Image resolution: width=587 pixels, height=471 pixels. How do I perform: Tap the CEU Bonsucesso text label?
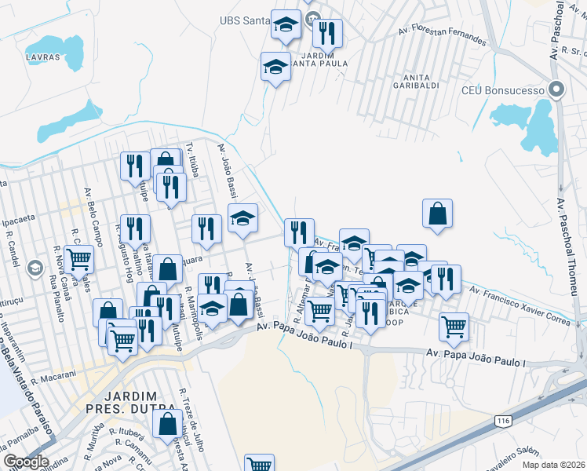coord(508,90)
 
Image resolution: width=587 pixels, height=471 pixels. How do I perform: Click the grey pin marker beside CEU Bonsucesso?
coord(557,89)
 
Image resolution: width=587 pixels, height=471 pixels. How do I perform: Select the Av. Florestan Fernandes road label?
coord(442,36)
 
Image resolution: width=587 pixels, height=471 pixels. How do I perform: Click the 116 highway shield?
coord(502,422)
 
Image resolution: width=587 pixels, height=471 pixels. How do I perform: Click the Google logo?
coord(25,462)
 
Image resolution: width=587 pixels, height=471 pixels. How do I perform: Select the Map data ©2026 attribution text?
coord(554,466)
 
